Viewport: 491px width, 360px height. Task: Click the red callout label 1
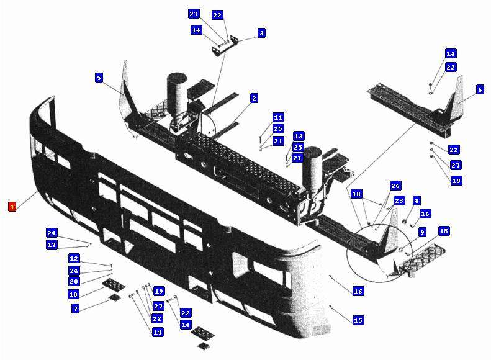tap(12, 207)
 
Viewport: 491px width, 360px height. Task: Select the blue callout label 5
tap(99, 78)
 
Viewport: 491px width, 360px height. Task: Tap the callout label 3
tap(261, 33)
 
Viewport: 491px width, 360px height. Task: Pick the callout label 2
tap(254, 98)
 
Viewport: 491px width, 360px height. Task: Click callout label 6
tap(480, 89)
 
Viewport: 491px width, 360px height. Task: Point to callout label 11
tap(278, 117)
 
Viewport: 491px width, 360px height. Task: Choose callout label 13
tap(299, 136)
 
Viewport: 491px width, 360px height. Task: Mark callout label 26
tap(395, 186)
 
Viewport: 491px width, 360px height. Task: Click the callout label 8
tap(416, 200)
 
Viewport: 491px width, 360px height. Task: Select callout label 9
tap(423, 232)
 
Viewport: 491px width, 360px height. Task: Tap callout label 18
tap(356, 194)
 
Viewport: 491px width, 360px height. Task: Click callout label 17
tap(52, 245)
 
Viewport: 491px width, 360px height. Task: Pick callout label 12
tap(74, 259)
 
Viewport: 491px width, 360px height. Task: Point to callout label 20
tap(74, 281)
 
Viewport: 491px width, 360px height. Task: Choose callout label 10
tap(73, 294)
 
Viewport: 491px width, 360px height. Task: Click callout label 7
tap(75, 308)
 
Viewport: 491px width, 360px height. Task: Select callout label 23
tap(399, 200)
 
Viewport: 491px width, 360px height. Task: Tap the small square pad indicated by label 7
tap(114, 298)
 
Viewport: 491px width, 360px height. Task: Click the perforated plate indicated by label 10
tap(114, 284)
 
